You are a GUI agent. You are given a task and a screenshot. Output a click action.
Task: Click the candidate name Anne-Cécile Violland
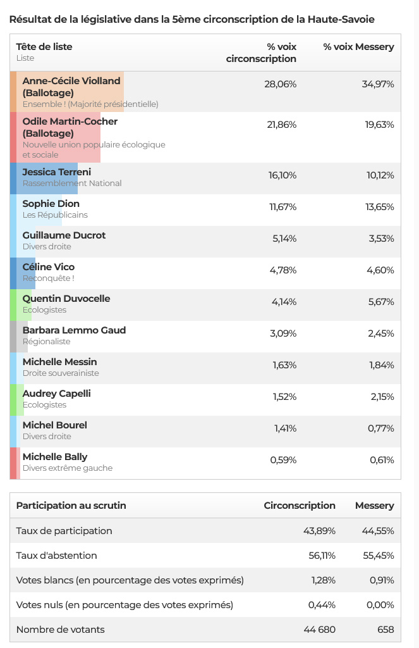tap(71, 81)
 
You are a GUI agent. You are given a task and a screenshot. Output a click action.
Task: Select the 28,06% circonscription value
tap(281, 84)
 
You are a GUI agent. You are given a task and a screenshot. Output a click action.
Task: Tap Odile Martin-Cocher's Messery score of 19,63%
tap(379, 125)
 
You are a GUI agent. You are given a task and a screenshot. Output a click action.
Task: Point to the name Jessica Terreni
tap(56, 172)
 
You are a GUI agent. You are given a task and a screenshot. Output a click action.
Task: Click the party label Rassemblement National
tap(72, 183)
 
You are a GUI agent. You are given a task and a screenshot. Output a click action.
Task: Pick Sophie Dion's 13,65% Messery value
tap(380, 207)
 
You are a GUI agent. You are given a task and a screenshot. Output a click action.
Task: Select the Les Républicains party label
tap(55, 215)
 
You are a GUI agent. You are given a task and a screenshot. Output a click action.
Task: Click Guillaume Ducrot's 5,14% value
tap(284, 239)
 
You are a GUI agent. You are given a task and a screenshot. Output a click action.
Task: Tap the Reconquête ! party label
tap(48, 278)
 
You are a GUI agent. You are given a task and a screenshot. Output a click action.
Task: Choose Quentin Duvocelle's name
tap(66, 299)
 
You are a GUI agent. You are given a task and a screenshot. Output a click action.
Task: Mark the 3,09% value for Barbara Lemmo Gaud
tap(283, 333)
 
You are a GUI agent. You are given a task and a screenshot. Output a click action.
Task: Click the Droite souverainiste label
tap(61, 373)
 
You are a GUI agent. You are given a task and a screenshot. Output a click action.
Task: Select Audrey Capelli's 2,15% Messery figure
tap(382, 397)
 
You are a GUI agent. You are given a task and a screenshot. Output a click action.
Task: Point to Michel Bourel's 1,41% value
tap(285, 428)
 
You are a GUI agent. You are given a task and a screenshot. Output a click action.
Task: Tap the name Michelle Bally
tap(55, 457)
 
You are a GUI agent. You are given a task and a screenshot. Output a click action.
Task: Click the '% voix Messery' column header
tap(359, 47)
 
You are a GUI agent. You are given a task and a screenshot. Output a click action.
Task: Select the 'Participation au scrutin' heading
tap(71, 506)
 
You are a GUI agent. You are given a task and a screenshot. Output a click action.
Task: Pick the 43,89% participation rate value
tap(319, 531)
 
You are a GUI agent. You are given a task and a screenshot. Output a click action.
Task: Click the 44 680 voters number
tap(320, 630)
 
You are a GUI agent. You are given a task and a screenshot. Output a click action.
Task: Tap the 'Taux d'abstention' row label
tap(56, 556)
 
